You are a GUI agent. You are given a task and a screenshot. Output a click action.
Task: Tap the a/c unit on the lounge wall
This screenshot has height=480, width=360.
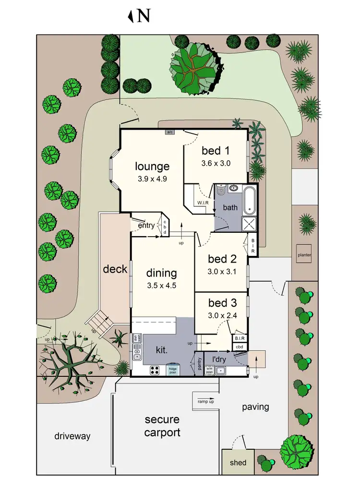[x=170, y=131]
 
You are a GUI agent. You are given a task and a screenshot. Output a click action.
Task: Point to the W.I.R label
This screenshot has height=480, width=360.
[x=202, y=203]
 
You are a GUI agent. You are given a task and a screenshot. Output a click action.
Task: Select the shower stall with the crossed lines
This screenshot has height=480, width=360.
[x=249, y=223]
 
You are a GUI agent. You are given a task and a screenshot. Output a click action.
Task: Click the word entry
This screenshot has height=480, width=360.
[x=146, y=226]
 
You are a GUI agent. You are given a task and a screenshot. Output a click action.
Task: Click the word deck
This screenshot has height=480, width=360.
[x=115, y=269]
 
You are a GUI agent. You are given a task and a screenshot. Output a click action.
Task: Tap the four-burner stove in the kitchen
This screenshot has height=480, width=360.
[x=156, y=370]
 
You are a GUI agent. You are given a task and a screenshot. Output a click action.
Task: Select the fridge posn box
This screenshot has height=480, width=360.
[x=173, y=370]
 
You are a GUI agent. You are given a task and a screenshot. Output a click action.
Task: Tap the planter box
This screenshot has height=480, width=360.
[x=304, y=254]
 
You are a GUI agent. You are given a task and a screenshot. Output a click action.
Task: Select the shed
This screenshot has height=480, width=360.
[x=238, y=462]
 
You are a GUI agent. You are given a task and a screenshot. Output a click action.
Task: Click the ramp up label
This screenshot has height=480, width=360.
[x=205, y=401]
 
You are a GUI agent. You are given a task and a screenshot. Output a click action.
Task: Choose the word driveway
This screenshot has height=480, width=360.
[x=72, y=436]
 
